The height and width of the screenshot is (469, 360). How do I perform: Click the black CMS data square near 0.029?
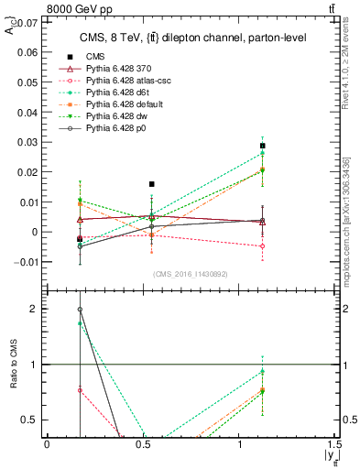coord(263,146)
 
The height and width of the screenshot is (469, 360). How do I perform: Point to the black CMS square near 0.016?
coord(152,184)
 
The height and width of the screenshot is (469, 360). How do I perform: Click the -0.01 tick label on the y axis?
coord(25,262)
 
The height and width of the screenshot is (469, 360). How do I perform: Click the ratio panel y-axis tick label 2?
coord(37,309)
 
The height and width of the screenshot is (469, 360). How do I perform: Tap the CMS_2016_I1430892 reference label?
coord(191,274)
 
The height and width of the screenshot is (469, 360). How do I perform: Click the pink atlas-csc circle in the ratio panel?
coord(80,389)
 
